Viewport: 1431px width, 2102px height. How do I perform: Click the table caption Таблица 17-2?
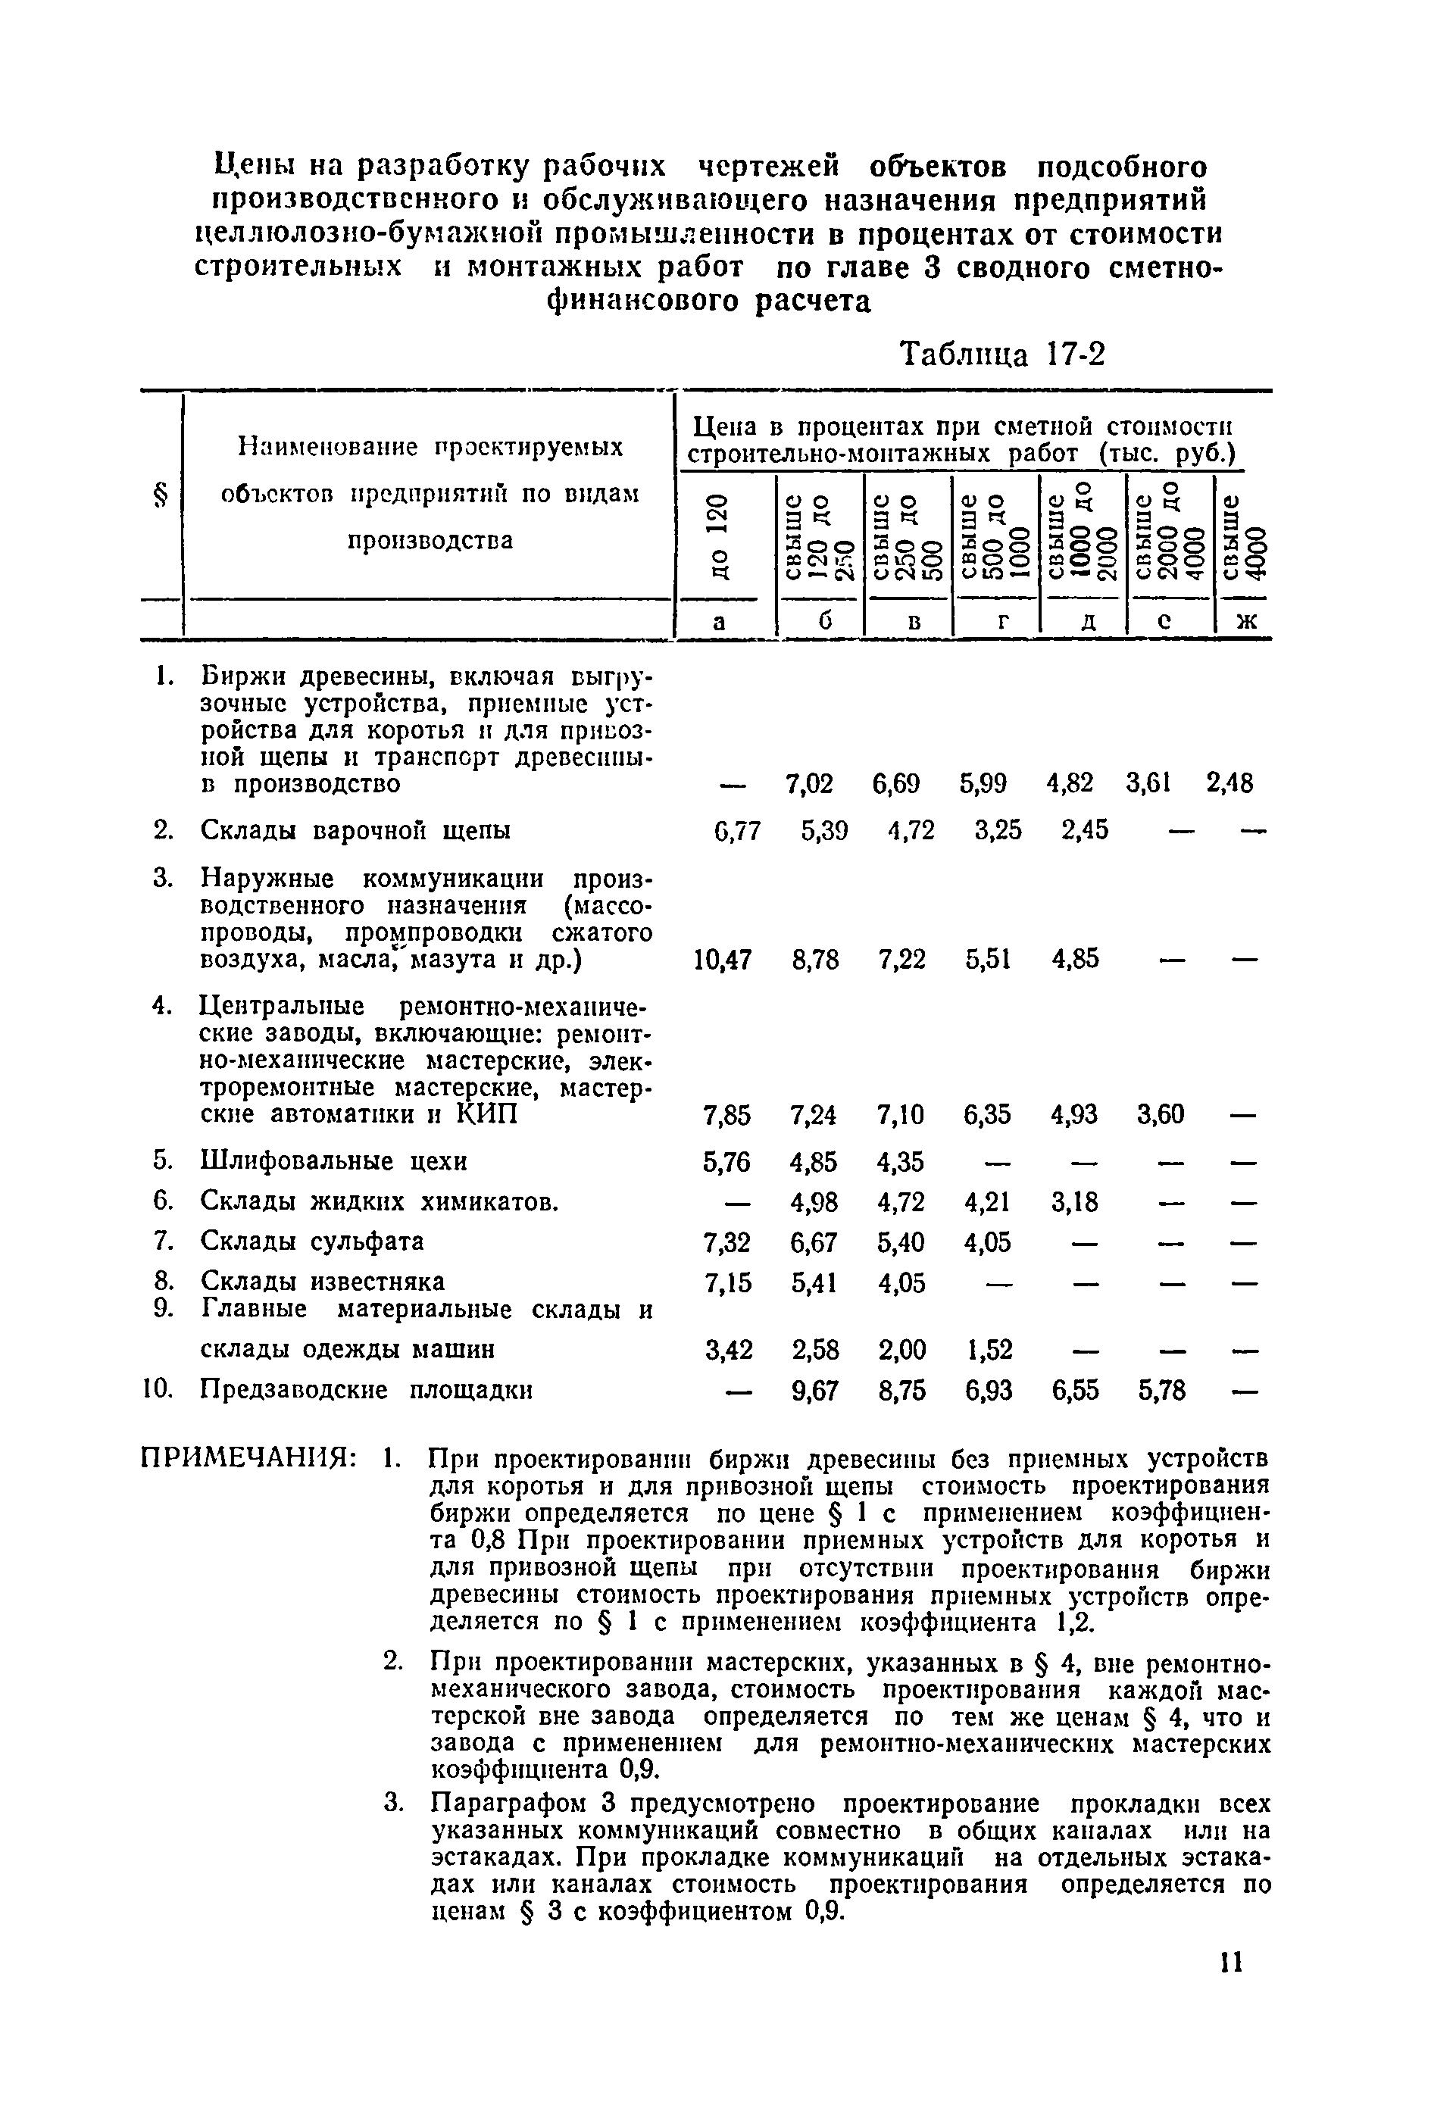click(1001, 354)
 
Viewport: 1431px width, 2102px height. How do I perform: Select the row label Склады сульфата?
click(311, 1241)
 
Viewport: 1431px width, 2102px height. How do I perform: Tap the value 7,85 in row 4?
click(726, 1115)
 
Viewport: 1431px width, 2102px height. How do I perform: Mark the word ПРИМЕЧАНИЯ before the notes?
click(247, 1459)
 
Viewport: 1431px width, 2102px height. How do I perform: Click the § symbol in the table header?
click(161, 495)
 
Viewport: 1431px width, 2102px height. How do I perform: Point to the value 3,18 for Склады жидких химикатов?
click(1076, 1202)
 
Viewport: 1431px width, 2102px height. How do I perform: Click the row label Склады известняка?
click(322, 1282)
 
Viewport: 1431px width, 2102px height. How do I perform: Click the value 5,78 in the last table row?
click(1161, 1390)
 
